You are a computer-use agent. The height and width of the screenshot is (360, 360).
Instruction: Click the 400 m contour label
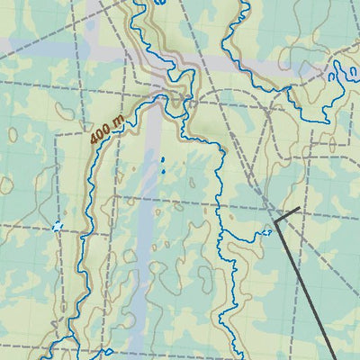coord(106,131)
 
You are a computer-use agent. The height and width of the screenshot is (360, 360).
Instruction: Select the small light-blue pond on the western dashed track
coord(58,227)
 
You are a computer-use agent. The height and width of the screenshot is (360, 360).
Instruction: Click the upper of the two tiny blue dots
coord(163,161)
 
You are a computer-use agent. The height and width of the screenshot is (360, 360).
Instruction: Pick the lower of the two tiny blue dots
coord(164,170)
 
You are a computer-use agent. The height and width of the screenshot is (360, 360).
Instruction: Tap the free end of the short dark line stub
coord(299,209)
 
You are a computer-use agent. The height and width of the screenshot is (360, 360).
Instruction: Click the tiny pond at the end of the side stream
coord(266,234)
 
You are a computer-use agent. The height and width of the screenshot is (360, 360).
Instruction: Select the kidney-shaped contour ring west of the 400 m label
coord(64,110)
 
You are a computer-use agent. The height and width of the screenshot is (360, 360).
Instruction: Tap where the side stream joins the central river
coord(221,237)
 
